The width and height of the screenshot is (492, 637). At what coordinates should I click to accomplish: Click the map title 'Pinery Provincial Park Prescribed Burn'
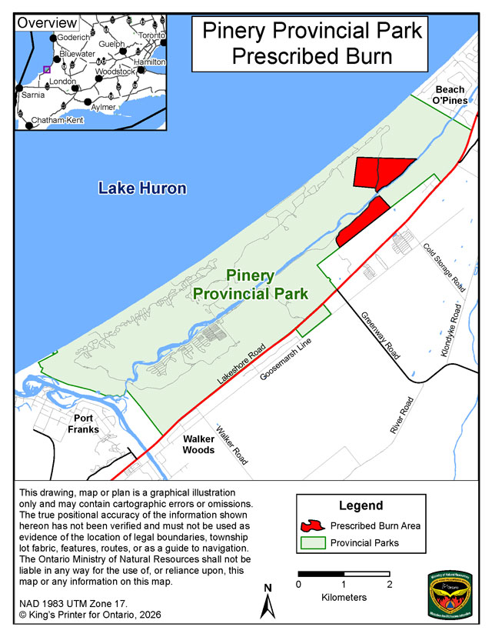pyautogui.click(x=312, y=43)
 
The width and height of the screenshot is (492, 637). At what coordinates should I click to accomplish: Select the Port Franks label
pyautogui.click(x=83, y=423)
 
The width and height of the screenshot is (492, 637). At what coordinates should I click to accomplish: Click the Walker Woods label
pyautogui.click(x=198, y=444)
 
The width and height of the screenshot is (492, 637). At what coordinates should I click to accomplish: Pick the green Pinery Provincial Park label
pyautogui.click(x=251, y=285)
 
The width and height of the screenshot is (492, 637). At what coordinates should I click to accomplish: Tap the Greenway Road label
pyautogui.click(x=381, y=336)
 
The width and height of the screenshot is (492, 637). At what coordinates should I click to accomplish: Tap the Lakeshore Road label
pyautogui.click(x=241, y=364)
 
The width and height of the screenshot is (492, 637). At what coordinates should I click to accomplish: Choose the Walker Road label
pyautogui.click(x=231, y=445)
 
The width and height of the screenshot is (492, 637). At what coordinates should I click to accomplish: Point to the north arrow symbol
pyautogui.click(x=268, y=600)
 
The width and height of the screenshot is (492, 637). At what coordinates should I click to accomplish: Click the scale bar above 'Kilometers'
pyautogui.click(x=344, y=574)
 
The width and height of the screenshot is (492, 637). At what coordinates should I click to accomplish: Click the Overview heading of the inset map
pyautogui.click(x=47, y=22)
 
